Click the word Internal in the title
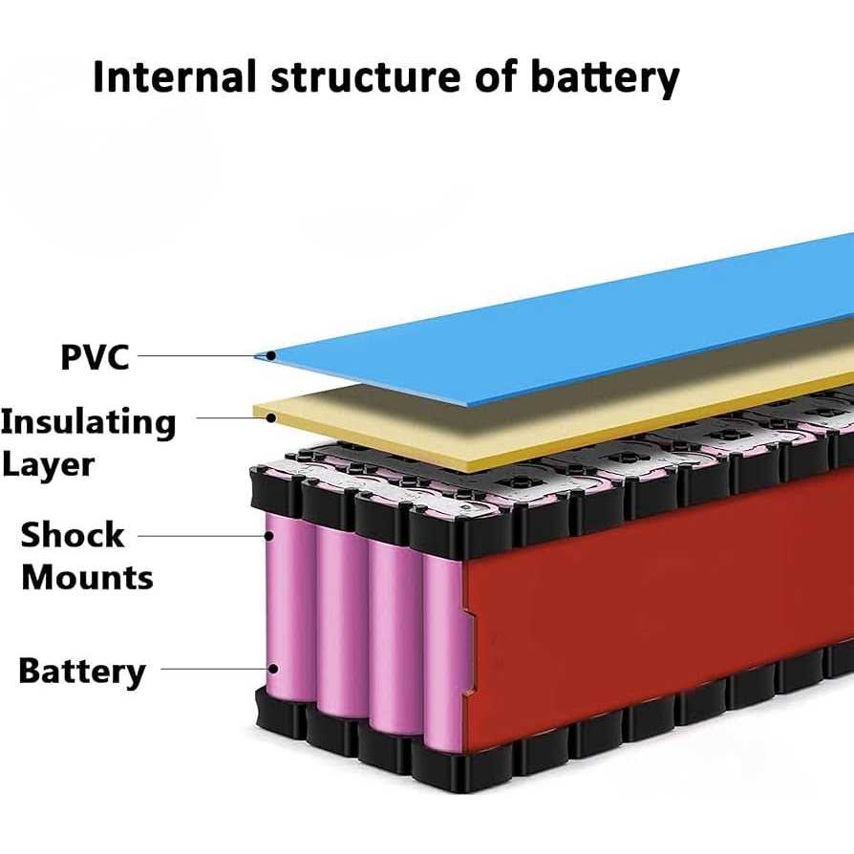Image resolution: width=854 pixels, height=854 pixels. [175, 77]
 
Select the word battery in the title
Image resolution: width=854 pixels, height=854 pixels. [607, 77]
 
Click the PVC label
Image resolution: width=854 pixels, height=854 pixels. [95, 357]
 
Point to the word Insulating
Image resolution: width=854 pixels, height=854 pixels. [88, 421]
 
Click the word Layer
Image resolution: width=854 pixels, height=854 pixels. [48, 465]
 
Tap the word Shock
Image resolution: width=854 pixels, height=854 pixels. [73, 534]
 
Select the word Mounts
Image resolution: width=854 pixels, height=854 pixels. [87, 578]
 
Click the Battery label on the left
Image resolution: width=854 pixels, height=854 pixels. [82, 671]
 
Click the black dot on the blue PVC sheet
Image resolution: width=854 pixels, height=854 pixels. [272, 356]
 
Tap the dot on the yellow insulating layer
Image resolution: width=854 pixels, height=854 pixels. [272, 417]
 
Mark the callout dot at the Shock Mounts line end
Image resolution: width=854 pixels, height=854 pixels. [271, 536]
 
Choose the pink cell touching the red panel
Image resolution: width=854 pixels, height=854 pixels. [441, 650]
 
